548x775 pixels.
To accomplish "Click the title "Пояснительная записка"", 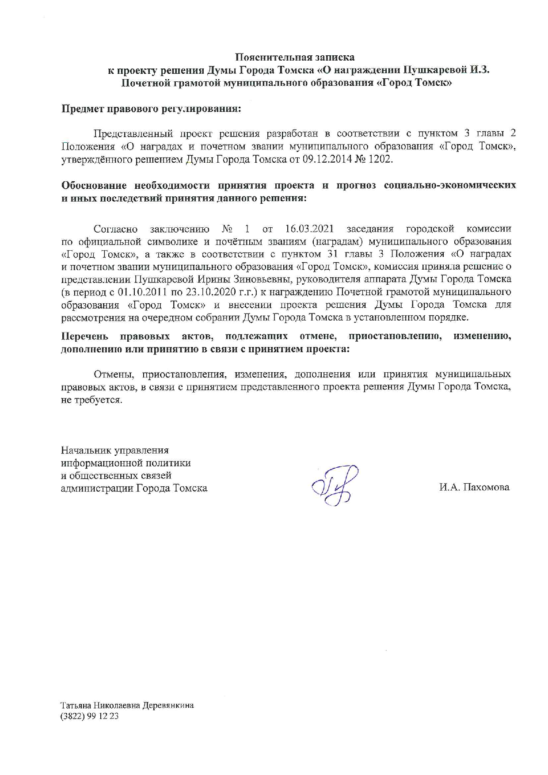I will point(294,57).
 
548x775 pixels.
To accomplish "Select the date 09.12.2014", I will point(326,159).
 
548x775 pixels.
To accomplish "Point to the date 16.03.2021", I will point(309,229).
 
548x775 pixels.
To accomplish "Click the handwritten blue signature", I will point(335,485).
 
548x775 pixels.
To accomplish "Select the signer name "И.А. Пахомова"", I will point(474,487).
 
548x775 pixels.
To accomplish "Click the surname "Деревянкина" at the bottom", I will point(168,706).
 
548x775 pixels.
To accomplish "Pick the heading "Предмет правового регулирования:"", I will point(151,109).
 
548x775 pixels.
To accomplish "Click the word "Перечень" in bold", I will point(84,336).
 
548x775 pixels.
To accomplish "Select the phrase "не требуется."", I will point(91,400).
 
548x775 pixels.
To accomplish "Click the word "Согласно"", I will point(115,229).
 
